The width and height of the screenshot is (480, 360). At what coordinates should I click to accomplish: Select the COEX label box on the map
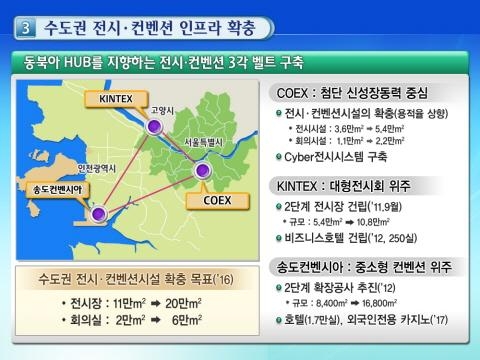tap(217, 199)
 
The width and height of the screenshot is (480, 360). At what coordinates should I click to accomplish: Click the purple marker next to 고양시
tap(153, 127)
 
